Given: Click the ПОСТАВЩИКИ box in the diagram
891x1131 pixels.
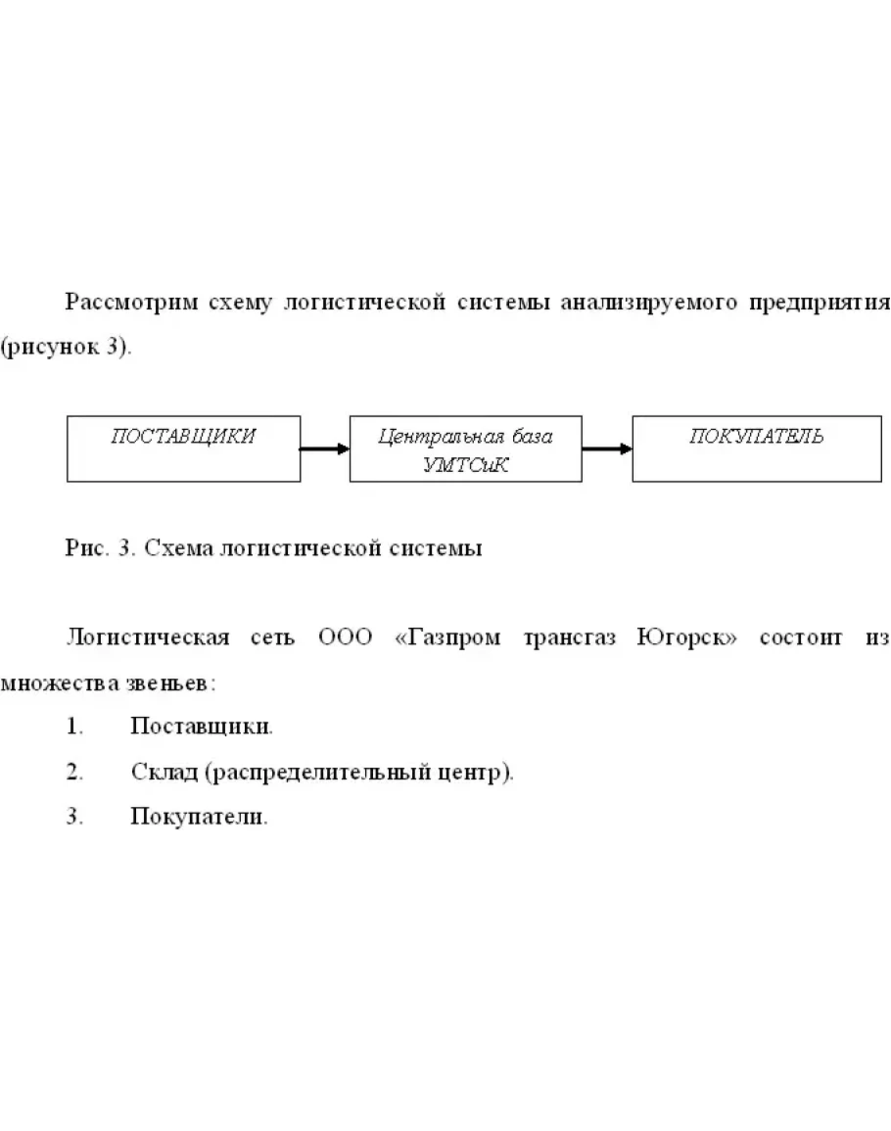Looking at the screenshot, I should tap(183, 448).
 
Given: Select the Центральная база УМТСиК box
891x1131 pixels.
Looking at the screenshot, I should tap(465, 448).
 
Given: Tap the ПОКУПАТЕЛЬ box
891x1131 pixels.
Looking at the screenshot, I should tap(747, 448).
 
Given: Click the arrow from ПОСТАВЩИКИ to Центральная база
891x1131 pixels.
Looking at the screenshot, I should tap(324, 449).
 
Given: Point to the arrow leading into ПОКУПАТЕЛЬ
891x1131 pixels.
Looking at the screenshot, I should tap(606, 449).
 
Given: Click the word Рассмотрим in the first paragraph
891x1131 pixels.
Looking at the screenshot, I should tap(131, 303).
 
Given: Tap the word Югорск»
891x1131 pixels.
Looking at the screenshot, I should tap(687, 638).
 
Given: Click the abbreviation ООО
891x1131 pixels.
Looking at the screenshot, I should tap(347, 638).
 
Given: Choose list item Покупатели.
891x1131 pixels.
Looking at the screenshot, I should tap(199, 817).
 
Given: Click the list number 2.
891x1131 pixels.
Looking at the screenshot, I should tap(73, 773).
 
